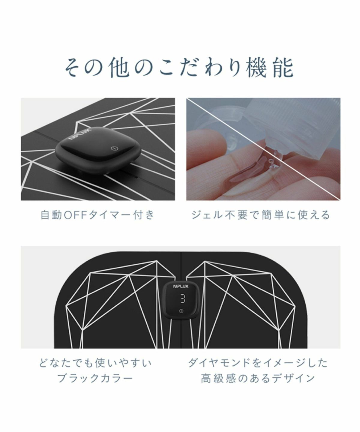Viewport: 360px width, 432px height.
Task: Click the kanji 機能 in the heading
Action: pyautogui.click(x=270, y=68)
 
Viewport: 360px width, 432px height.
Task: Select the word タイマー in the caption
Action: pyautogui.click(x=111, y=215)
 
